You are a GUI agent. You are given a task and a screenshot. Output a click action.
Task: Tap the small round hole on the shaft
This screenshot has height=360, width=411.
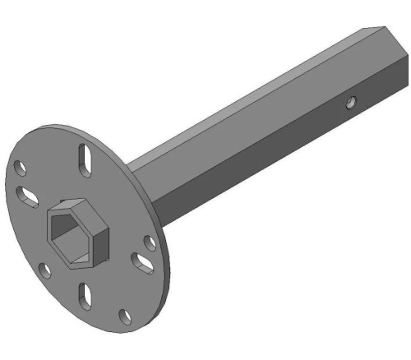coord(351,103)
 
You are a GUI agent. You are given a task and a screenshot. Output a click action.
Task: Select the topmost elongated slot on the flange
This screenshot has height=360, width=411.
coord(85,159)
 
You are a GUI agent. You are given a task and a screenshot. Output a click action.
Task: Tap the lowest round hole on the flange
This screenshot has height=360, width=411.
coord(124,316)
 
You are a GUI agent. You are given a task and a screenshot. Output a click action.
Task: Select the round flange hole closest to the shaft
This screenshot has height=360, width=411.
coord(150,242)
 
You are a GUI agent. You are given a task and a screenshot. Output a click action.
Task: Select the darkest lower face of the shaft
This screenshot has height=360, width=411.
coord(271,164)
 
